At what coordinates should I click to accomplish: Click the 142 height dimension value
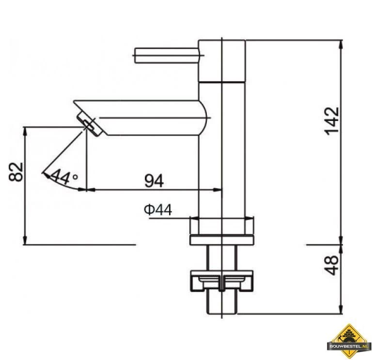click(x=332, y=121)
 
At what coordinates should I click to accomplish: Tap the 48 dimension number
click(x=331, y=266)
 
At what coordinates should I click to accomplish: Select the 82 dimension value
click(x=16, y=172)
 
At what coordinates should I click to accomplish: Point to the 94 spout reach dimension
click(x=154, y=180)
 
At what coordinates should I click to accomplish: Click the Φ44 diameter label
click(x=158, y=210)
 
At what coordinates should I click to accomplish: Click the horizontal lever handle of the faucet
click(x=167, y=56)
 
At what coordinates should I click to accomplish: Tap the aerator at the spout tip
click(x=90, y=124)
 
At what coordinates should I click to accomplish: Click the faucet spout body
click(x=143, y=118)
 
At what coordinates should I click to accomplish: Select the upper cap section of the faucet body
click(x=222, y=61)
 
